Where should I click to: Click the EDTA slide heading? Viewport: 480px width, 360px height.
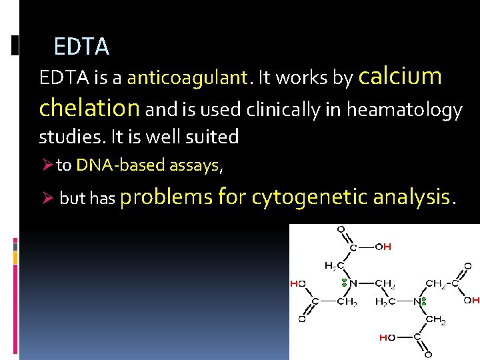coord(81,47)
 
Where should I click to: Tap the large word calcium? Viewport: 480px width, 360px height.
coord(400,76)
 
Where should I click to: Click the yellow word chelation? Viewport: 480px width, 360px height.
coord(89,107)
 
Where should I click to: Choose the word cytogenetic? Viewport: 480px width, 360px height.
coord(309,197)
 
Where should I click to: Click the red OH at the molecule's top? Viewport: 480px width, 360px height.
coord(383,247)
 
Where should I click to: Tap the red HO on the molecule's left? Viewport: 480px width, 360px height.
coord(297,283)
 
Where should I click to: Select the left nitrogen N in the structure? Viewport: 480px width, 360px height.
coord(353,283)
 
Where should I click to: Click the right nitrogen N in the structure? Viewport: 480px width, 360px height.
coord(417,301)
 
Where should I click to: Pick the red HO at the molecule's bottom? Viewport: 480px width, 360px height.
coord(387,337)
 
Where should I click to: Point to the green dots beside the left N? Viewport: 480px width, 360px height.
coord(344,283)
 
